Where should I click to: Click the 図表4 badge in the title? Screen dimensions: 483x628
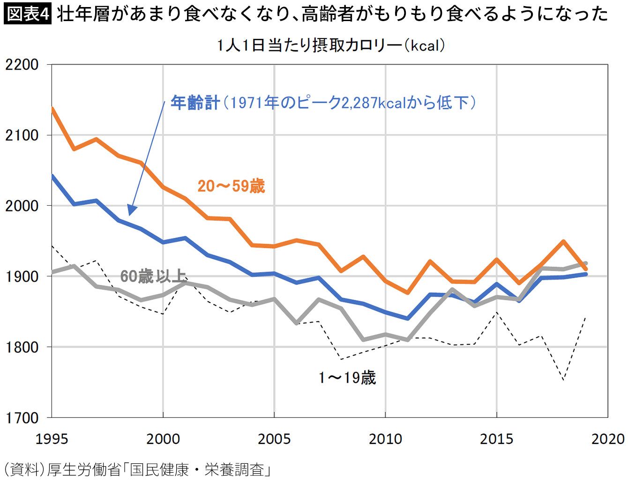(x=27, y=14)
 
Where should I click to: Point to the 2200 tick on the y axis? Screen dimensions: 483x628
(x=22, y=65)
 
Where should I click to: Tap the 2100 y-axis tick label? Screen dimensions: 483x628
(x=22, y=135)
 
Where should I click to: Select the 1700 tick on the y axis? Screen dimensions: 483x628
(x=22, y=417)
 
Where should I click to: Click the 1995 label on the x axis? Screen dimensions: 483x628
(x=52, y=439)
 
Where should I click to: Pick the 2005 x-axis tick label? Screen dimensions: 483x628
(x=274, y=439)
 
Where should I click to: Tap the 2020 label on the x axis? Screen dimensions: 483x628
(x=608, y=439)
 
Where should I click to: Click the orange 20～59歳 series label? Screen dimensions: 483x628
(x=231, y=186)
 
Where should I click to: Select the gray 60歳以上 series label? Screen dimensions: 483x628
(x=153, y=276)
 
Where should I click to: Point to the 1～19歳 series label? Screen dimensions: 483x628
(x=347, y=378)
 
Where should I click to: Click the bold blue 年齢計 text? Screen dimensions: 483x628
(x=195, y=103)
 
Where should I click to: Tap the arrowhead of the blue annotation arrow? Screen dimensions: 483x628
(x=132, y=211)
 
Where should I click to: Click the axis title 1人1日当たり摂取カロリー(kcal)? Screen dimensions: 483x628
(x=330, y=45)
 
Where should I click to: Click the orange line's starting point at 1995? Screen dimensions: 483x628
(x=52, y=109)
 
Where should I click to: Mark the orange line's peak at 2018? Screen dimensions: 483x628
(x=563, y=241)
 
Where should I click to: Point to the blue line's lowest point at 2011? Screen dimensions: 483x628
(x=408, y=319)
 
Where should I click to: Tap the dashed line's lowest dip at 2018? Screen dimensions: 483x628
(x=563, y=379)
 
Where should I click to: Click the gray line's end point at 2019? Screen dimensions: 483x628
(x=586, y=263)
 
